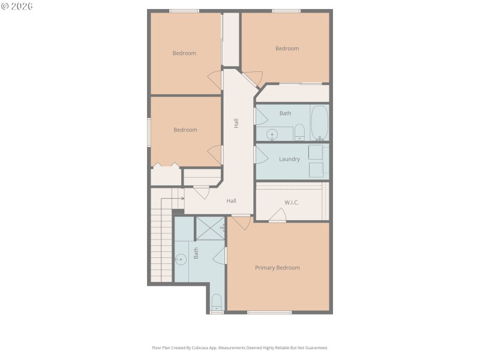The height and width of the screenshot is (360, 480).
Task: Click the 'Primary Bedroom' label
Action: pos(277,268)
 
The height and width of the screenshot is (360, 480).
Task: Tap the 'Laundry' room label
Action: pos(289,159)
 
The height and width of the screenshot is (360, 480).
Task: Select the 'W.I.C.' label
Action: pos(292,202)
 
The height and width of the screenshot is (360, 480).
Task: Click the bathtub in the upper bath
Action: pos(319,123)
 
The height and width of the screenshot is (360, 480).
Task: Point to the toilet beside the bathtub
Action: pos(300,133)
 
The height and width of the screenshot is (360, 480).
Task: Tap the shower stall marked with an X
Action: pos(210,228)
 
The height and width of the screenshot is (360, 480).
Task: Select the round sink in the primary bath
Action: pos(181,260)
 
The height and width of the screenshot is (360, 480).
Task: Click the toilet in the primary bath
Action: pos(217,302)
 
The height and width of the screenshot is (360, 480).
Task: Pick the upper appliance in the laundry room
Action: pos(316,152)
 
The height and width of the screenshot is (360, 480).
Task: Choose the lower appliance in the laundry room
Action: pos(316,170)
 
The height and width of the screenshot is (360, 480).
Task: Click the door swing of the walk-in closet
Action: pos(278,215)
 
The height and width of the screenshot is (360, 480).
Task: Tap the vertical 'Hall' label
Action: pos(236,123)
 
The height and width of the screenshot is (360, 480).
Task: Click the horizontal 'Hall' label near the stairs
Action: pos(231,201)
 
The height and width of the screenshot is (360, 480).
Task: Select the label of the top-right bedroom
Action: pos(287,49)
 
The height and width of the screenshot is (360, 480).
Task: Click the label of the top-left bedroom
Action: pos(184,53)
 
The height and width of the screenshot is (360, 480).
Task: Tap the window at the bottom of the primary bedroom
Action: pos(269,312)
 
